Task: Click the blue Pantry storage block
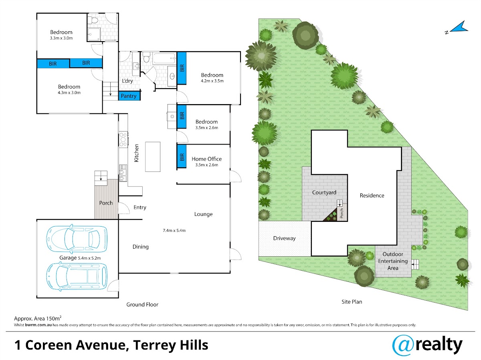129,96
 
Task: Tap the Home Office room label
207,159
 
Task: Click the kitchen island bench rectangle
153,157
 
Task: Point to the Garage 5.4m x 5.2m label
80,258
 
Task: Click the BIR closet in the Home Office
182,156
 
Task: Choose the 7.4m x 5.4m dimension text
174,230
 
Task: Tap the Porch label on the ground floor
106,203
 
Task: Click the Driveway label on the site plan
284,238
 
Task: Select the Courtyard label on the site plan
324,193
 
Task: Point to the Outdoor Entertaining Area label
393,261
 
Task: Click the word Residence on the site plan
372,196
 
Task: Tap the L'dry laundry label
127,81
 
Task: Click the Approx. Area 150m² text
38,318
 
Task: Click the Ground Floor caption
142,304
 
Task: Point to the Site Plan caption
352,302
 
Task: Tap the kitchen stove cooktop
123,139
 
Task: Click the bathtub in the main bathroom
164,58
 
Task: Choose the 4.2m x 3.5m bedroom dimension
212,81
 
